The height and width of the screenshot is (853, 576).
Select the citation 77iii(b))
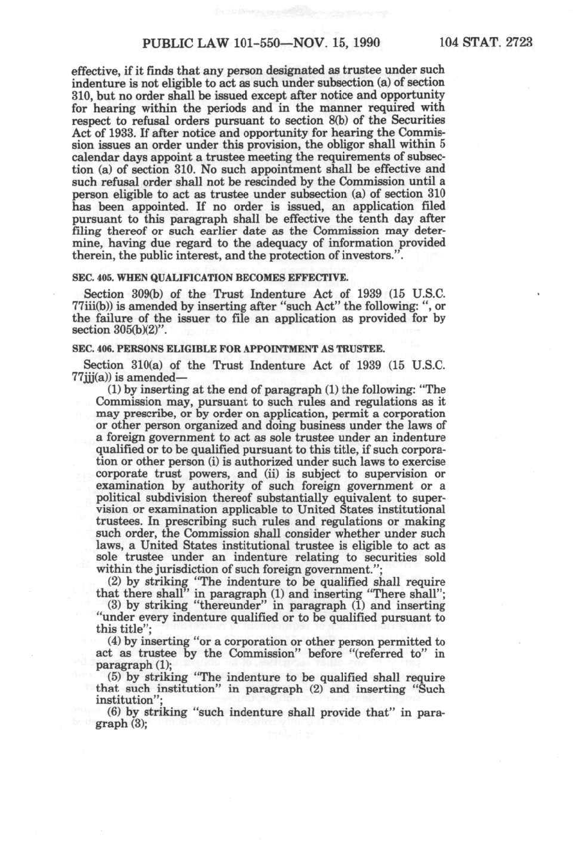pyautogui.click(x=95, y=306)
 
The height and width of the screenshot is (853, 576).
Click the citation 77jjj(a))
pyautogui.click(x=94, y=377)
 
